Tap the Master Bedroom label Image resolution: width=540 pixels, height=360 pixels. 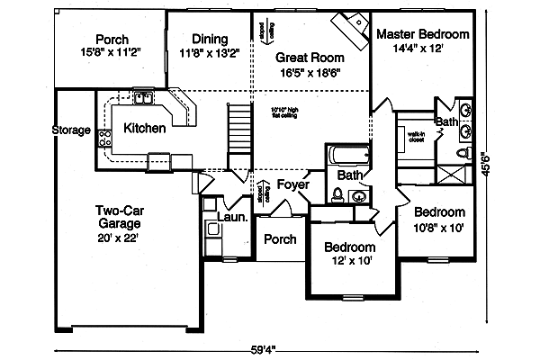(422, 34)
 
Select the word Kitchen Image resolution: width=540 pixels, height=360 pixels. (144, 129)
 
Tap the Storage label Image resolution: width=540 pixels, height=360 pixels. (71, 130)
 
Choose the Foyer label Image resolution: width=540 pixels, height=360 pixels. (292, 185)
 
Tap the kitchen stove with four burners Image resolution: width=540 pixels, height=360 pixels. (104, 139)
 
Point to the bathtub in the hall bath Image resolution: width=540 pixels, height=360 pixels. (346, 154)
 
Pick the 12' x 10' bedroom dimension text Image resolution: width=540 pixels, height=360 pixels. (349, 262)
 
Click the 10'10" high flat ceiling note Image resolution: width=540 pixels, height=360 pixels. (291, 113)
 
